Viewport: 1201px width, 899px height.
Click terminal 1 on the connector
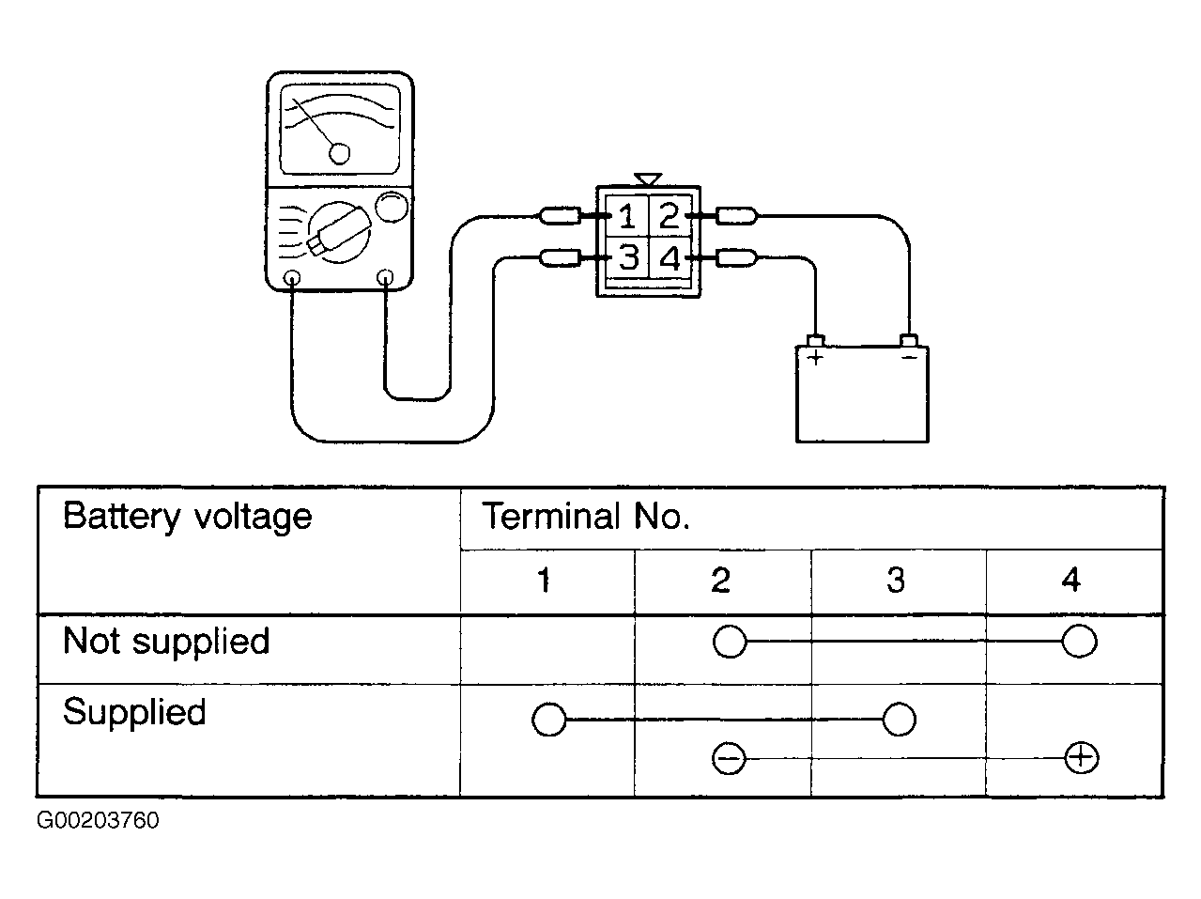pyautogui.click(x=627, y=216)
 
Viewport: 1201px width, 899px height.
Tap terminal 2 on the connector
pyautogui.click(x=669, y=216)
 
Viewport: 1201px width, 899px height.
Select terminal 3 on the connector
pyautogui.click(x=627, y=257)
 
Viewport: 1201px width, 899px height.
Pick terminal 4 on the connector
pyautogui.click(x=669, y=257)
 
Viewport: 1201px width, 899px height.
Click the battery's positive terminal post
pyautogui.click(x=815, y=341)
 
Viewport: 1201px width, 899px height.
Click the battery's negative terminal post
pyautogui.click(x=909, y=340)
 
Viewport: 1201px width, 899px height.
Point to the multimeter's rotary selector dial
pyautogui.click(x=339, y=232)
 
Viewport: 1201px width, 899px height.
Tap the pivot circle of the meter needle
pyautogui.click(x=339, y=154)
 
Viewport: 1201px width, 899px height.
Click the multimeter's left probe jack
pyautogui.click(x=293, y=277)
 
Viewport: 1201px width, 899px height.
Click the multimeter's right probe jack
pyautogui.click(x=386, y=277)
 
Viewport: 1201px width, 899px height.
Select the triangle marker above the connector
pyautogui.click(x=648, y=179)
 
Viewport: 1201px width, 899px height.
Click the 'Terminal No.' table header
pyautogui.click(x=585, y=516)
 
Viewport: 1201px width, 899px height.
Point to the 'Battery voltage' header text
pyautogui.click(x=188, y=517)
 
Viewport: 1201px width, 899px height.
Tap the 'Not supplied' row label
pyautogui.click(x=166, y=641)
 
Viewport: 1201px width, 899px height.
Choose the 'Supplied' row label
pyautogui.click(x=134, y=712)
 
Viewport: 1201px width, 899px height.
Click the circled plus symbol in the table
pyautogui.click(x=1081, y=758)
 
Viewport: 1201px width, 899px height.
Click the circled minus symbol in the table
pyautogui.click(x=729, y=758)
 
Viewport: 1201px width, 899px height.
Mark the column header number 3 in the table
pyautogui.click(x=896, y=580)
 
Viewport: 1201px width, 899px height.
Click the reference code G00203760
pyautogui.click(x=98, y=821)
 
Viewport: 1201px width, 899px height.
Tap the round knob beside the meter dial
pyautogui.click(x=392, y=207)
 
